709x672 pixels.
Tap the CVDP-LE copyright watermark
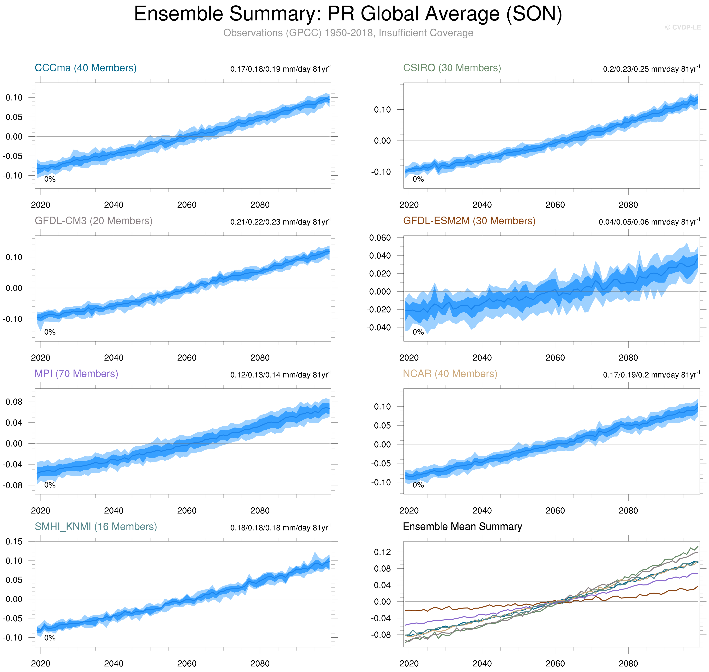click(x=682, y=27)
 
